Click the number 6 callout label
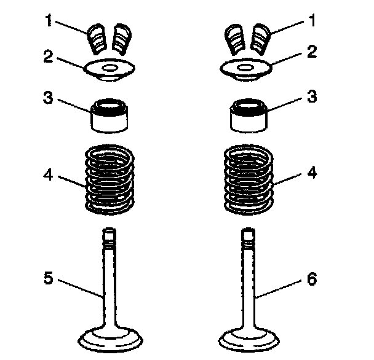[312, 280]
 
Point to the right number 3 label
[312, 98]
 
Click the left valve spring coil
[108, 178]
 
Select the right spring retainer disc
[245, 68]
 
